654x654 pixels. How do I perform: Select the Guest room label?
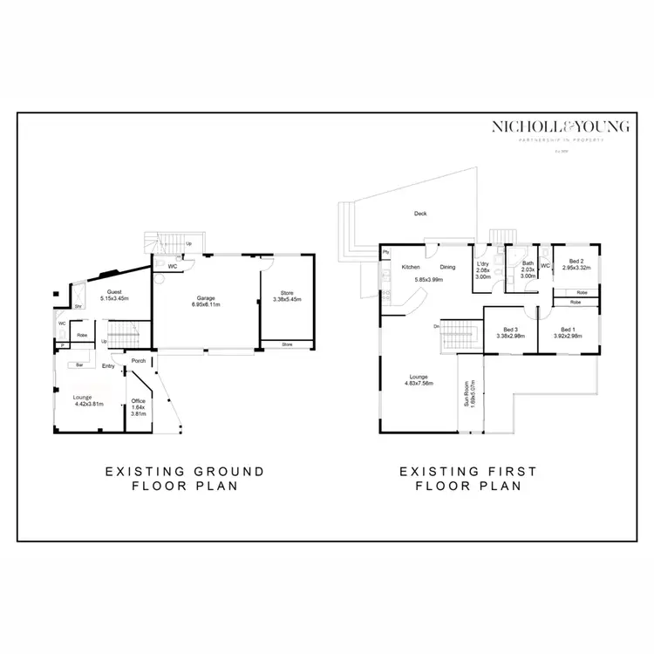coord(115,292)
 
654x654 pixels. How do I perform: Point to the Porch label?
coord(138,360)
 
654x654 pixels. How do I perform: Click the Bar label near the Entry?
coord(78,364)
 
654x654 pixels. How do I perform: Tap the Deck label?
coord(420,214)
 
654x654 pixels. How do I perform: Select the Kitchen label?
coord(411,267)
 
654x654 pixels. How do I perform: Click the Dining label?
coord(447,267)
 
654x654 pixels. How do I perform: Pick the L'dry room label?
coord(482,263)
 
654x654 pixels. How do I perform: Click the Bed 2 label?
coord(576,261)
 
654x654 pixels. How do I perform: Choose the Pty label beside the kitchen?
coord(385,253)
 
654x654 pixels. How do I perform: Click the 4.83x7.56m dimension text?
coord(419,383)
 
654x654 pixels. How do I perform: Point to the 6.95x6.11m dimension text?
coord(207,306)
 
